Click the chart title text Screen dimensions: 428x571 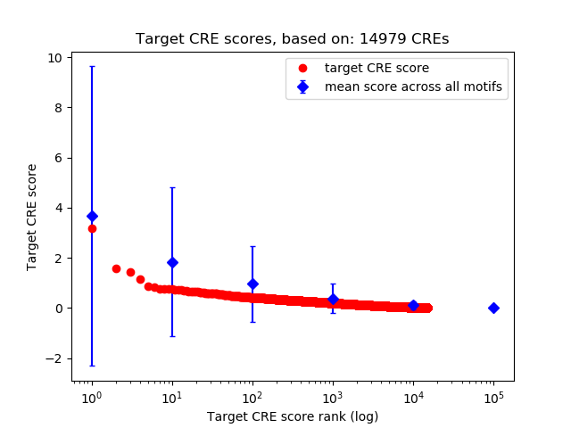click(292, 38)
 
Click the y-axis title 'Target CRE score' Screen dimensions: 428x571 click(32, 217)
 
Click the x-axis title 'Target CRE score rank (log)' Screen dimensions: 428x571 click(293, 416)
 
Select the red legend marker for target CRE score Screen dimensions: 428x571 click(302, 68)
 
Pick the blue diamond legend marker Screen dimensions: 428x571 click(302, 86)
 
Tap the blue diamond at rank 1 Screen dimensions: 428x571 click(91, 216)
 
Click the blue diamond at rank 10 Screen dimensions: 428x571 click(172, 262)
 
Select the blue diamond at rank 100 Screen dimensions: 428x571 click(252, 284)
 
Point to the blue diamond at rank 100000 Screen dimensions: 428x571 click(493, 308)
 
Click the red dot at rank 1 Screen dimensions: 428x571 click(92, 228)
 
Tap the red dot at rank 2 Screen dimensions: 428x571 click(116, 268)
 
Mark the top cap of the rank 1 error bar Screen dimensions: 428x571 click(91, 67)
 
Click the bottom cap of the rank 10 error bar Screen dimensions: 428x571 click(172, 336)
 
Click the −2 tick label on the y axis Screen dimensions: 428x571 click(55, 358)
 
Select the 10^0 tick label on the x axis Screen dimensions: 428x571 click(91, 397)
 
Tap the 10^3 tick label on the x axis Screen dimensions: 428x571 click(333, 397)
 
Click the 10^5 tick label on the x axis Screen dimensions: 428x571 click(493, 397)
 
